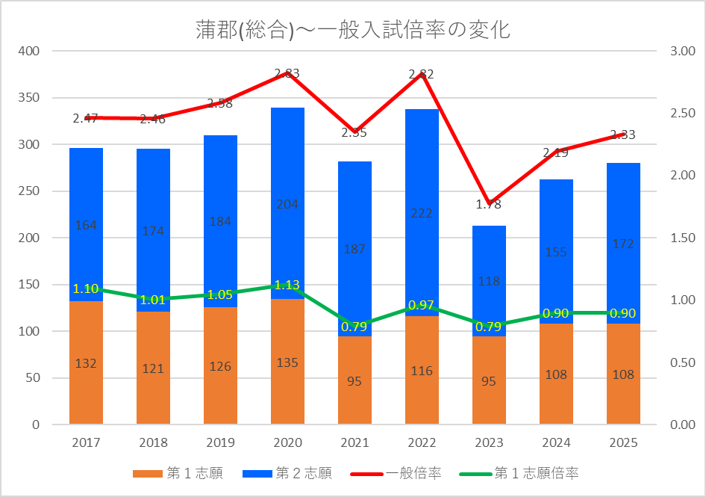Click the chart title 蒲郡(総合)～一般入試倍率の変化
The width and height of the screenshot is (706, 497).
coord(353,30)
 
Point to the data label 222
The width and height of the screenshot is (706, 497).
coord(422,213)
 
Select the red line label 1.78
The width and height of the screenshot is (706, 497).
coord(489,204)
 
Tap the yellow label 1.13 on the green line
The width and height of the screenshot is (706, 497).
coord(287,285)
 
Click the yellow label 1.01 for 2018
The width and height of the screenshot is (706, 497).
coord(153,300)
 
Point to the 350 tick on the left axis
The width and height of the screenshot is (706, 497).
coord(30,98)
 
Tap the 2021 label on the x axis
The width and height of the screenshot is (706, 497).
coord(354,443)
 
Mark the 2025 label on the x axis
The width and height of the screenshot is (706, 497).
coord(623,443)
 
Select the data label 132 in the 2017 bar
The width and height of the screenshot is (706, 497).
coord(86,363)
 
